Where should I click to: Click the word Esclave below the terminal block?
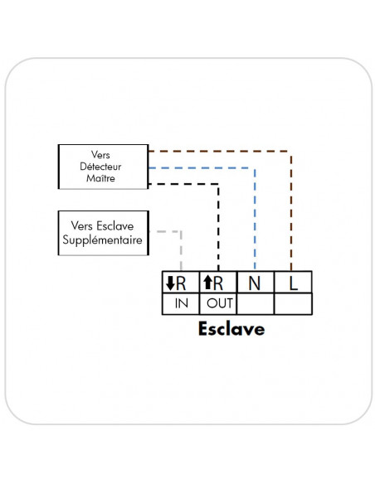pos(231,328)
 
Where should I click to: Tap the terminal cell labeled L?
pos(292,282)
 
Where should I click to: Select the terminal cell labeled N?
pos(255,282)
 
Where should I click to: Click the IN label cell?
pos(182,303)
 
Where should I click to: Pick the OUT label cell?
pos(219,303)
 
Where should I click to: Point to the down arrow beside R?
pos(171,283)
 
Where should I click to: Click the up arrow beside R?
pos(208,283)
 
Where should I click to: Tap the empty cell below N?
pos(255,303)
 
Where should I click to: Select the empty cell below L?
pos(292,303)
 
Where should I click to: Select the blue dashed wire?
pos(255,215)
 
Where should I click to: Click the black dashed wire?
pos(218,224)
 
